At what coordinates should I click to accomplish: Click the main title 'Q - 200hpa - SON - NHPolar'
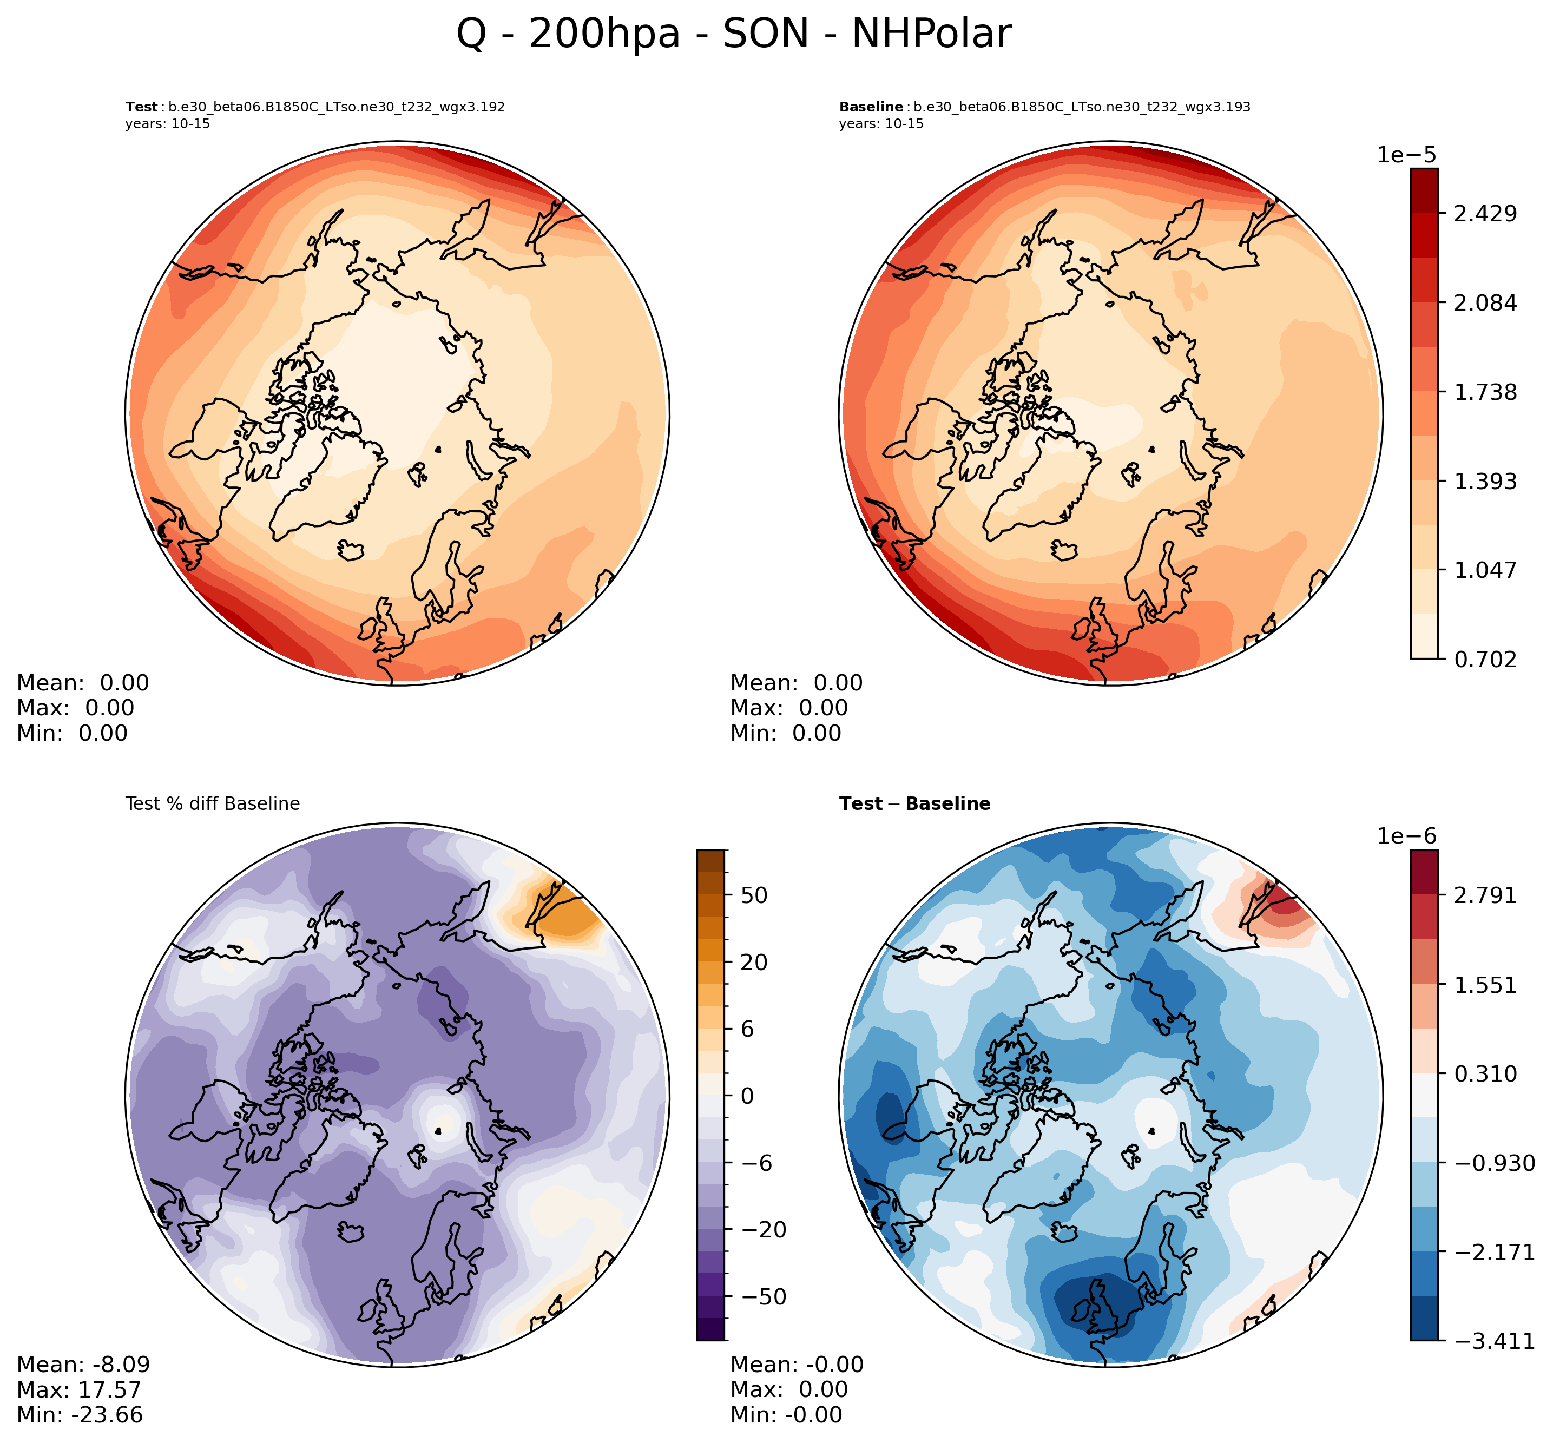click(733, 35)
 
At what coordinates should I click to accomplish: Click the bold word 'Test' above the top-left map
click(141, 107)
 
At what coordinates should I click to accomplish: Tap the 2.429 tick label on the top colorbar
click(1484, 213)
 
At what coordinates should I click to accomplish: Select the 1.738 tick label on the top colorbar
click(1484, 391)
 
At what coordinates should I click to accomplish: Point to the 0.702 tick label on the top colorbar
click(1484, 659)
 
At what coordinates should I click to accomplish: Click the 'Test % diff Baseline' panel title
click(212, 803)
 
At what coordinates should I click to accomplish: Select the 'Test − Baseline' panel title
click(914, 803)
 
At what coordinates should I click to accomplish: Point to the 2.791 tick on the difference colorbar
click(1484, 895)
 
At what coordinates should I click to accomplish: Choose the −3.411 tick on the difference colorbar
click(1484, 1341)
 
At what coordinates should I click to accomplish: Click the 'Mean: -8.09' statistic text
click(83, 1364)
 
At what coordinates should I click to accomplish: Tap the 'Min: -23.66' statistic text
click(80, 1414)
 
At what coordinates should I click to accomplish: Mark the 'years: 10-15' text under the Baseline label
click(881, 123)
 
